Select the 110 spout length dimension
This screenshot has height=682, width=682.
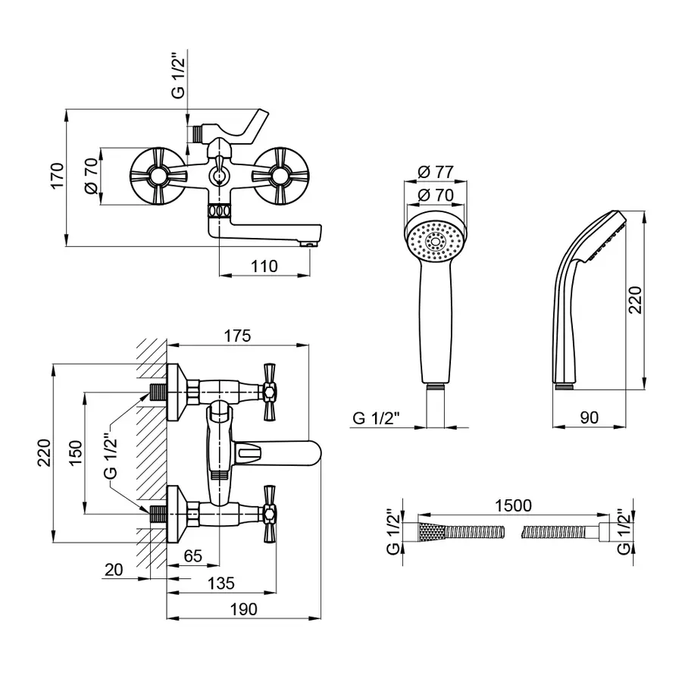point(265,266)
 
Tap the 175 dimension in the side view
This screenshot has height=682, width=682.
point(237,336)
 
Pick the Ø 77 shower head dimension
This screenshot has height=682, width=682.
point(435,172)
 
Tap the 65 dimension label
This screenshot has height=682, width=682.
point(192,556)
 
